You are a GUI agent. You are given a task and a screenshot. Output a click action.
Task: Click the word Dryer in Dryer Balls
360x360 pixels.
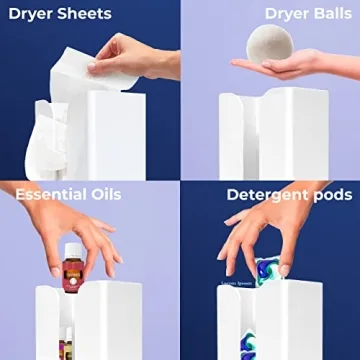pyautogui.click(x=263, y=14)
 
